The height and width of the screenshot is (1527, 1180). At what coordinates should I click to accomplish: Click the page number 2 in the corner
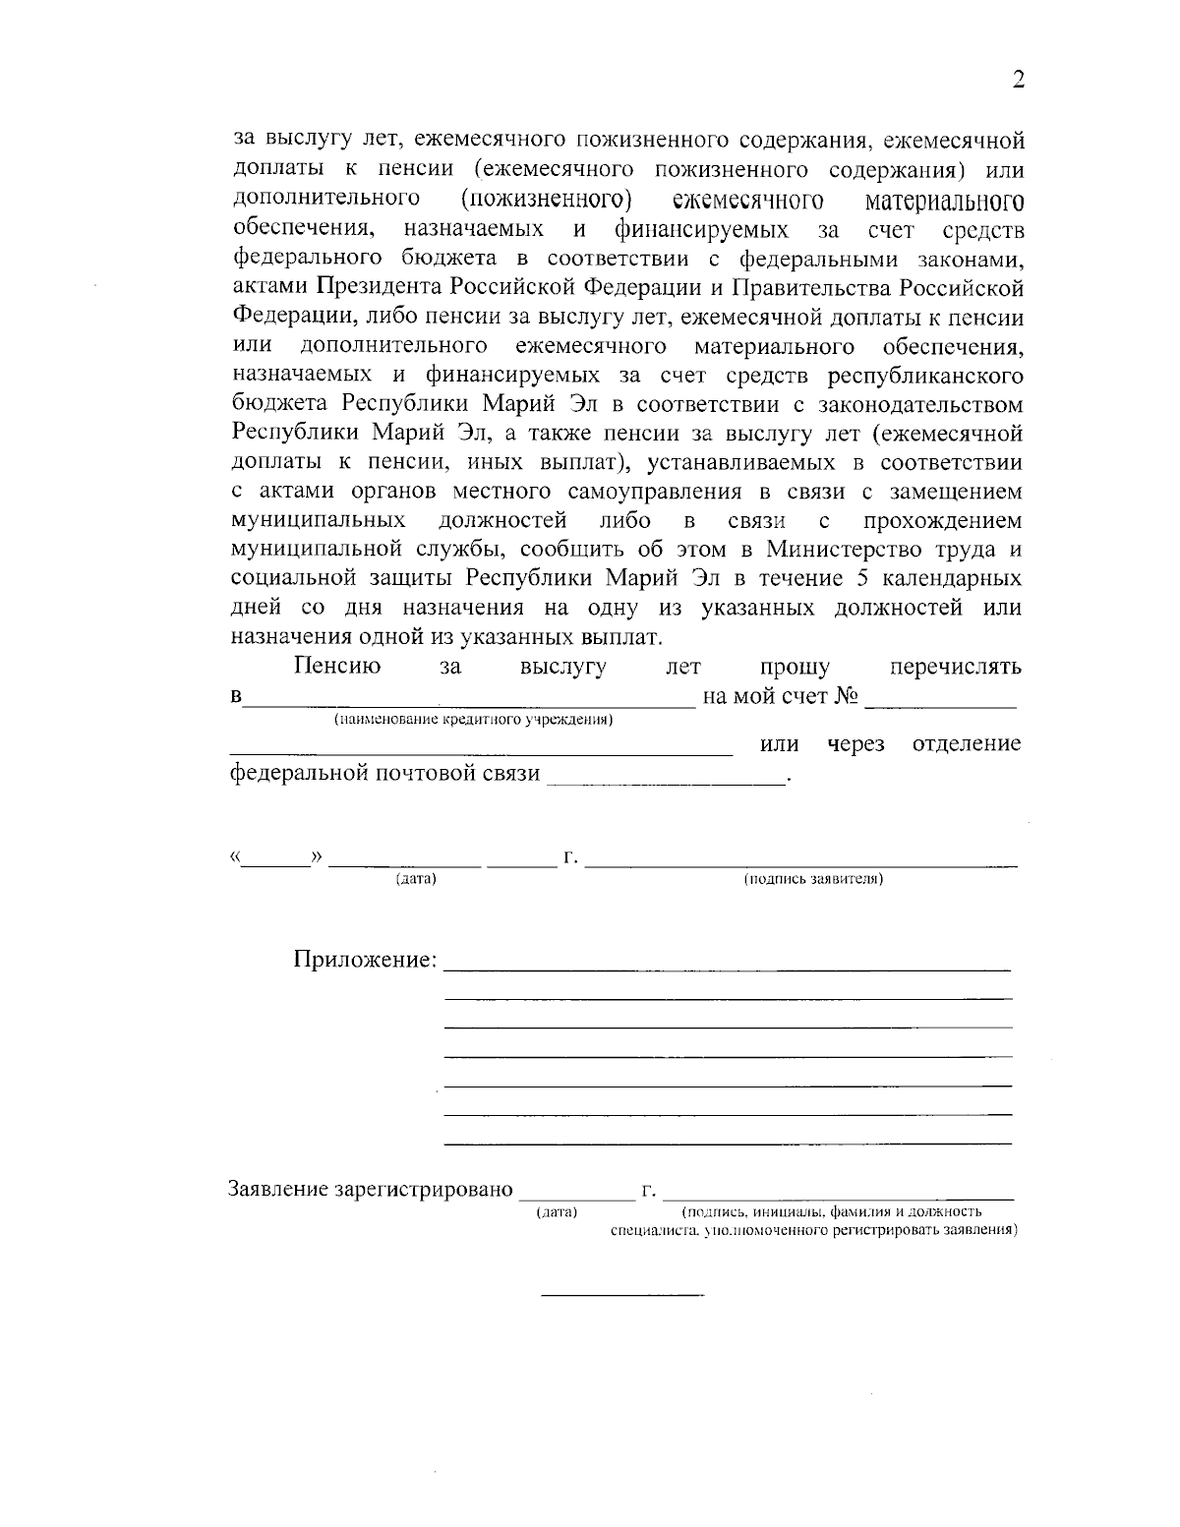pyautogui.click(x=1019, y=81)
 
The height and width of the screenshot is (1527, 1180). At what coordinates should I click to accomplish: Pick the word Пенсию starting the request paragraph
pyautogui.click(x=337, y=668)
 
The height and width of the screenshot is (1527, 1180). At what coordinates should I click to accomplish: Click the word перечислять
pyautogui.click(x=955, y=668)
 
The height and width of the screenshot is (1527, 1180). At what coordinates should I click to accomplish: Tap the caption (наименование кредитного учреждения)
pyautogui.click(x=473, y=721)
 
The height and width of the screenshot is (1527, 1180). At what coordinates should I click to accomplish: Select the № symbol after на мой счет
pyautogui.click(x=847, y=697)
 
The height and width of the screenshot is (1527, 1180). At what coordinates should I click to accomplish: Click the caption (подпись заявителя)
pyautogui.click(x=812, y=879)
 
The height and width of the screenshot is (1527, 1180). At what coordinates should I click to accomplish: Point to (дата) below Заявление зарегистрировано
pyautogui.click(x=557, y=1212)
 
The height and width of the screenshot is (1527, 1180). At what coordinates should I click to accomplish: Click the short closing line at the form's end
pyautogui.click(x=623, y=1292)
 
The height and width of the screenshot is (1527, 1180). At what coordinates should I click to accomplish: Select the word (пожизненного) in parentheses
pyautogui.click(x=545, y=201)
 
